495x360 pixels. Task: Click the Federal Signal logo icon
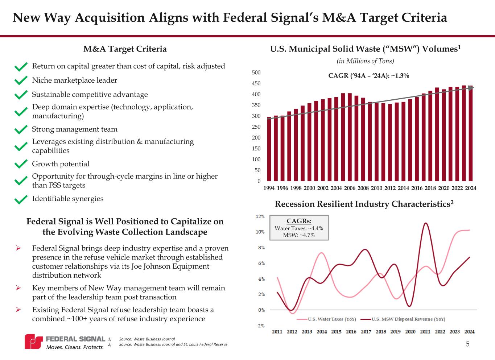tap(34, 342)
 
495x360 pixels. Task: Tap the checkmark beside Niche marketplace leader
tap(21, 80)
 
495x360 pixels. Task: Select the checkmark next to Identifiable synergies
tap(21, 199)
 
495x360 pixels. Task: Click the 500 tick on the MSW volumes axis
tap(256, 73)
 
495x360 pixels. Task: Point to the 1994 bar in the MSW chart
tap(269, 149)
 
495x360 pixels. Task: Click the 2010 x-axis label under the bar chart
tap(376, 188)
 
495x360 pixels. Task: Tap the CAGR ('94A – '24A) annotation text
tap(368, 75)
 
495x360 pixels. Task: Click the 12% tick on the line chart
tap(260, 216)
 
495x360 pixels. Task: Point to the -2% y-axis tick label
tap(260, 326)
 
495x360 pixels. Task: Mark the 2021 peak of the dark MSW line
tap(426, 223)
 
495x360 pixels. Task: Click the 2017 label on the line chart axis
tap(366, 332)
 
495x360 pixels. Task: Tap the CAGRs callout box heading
tap(299, 221)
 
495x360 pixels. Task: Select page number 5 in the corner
tap(467, 344)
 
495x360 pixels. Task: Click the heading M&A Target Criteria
tap(125, 49)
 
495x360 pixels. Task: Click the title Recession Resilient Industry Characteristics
tap(364, 204)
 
